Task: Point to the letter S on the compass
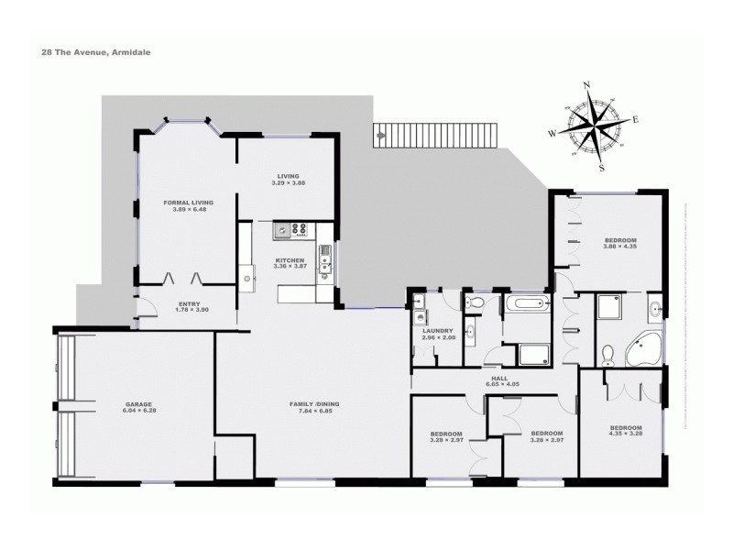pos(602,168)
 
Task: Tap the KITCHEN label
pos(290,260)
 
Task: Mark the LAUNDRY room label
pos(437,331)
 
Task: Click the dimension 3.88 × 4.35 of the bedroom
pos(619,247)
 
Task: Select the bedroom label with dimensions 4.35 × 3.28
pos(626,428)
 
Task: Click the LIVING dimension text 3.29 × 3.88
pos(288,182)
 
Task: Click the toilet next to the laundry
pos(476,302)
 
